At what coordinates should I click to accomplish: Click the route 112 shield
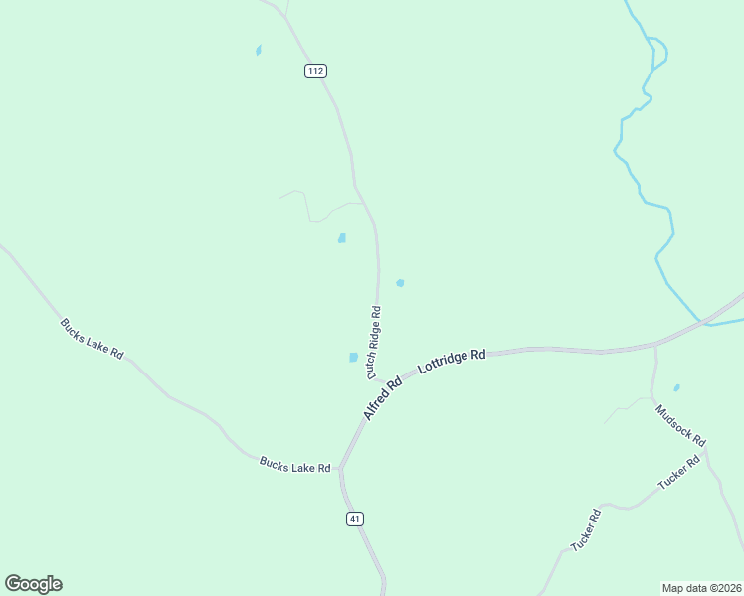315,71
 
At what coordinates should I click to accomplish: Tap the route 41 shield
355,519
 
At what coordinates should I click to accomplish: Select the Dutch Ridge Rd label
374,342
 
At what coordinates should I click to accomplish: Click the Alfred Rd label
381,397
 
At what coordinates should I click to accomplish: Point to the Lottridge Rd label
452,360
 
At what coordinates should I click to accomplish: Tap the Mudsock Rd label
680,424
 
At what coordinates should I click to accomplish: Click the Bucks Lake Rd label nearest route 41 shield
294,464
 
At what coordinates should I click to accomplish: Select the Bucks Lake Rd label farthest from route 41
91,339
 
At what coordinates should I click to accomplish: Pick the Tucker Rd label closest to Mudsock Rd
680,472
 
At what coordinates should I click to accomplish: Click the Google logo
33,584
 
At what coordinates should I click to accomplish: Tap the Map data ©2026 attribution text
701,587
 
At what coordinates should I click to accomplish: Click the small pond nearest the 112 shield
259,50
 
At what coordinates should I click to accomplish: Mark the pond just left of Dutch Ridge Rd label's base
353,358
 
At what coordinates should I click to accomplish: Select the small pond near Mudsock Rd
676,387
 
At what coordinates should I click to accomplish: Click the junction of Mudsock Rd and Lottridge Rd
655,345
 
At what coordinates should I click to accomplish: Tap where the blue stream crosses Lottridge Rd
704,322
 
